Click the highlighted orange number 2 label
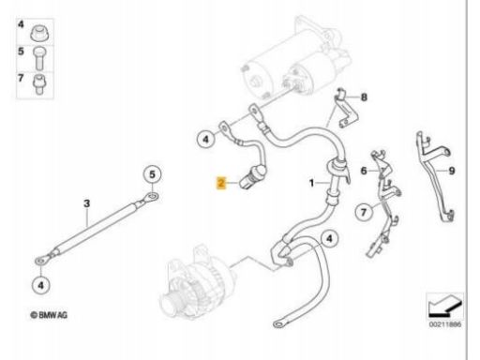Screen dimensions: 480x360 click(x=221, y=182)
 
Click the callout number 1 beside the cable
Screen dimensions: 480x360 click(x=311, y=183)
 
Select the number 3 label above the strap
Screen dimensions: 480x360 click(x=87, y=203)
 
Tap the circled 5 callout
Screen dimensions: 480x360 click(x=152, y=174)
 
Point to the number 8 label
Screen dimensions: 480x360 click(x=364, y=97)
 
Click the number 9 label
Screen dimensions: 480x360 click(x=452, y=171)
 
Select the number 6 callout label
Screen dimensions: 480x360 click(x=364, y=171)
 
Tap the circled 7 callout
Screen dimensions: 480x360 click(x=364, y=213)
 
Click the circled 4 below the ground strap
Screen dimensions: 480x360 click(x=41, y=285)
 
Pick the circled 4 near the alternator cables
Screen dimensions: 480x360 click(x=330, y=239)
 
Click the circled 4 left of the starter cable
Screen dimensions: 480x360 click(x=206, y=139)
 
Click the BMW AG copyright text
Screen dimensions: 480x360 click(x=49, y=315)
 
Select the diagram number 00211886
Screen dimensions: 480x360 click(x=445, y=324)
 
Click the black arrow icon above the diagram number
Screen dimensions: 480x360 click(x=445, y=307)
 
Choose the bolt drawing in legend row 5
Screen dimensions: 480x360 click(x=39, y=58)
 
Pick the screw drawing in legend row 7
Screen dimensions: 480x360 click(x=39, y=84)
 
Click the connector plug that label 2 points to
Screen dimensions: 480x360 click(x=253, y=176)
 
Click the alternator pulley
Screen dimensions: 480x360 click(x=171, y=302)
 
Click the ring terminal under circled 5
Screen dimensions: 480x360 click(x=151, y=197)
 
